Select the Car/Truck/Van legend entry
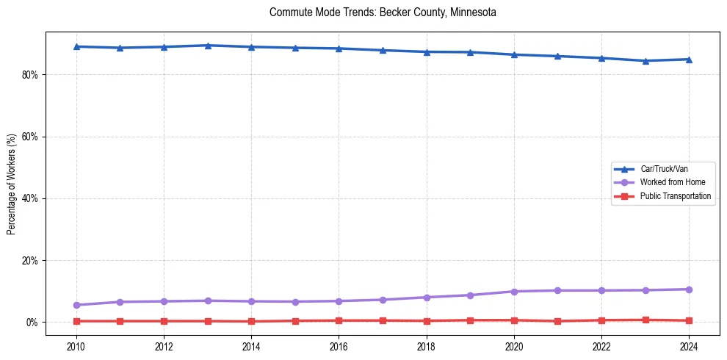click(664, 169)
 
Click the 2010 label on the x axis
click(76, 346)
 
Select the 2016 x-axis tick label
click(339, 346)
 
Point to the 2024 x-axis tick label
click(689, 346)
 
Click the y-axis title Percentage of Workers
click(12, 183)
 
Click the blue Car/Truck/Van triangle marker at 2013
click(208, 46)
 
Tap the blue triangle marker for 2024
click(689, 60)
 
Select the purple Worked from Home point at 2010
click(76, 305)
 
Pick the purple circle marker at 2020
click(514, 292)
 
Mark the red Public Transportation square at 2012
click(164, 321)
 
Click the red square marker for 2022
click(601, 320)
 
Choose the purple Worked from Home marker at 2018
click(427, 298)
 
